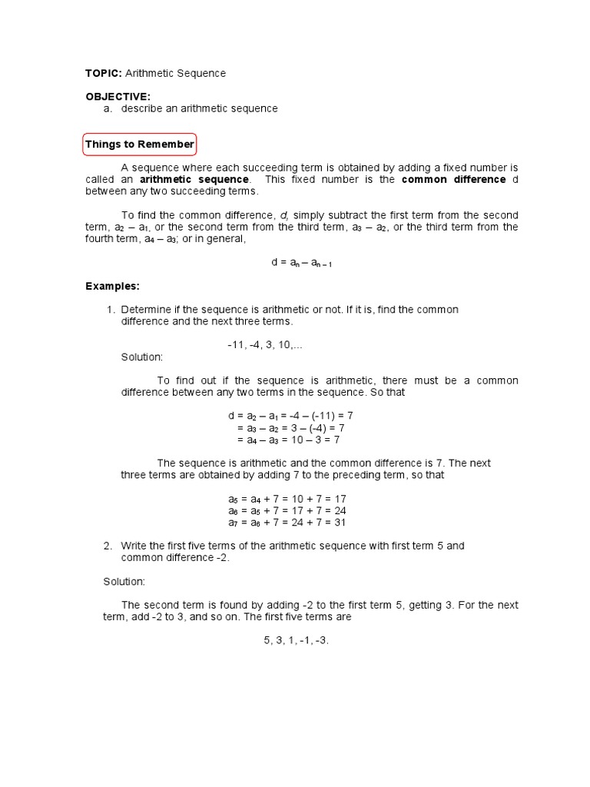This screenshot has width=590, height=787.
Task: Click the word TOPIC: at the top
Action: [x=103, y=73]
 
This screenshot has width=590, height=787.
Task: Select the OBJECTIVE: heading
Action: [x=118, y=96]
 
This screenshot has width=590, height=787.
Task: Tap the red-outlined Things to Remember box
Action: [x=140, y=144]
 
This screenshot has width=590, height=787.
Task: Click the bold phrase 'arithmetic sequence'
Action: [x=194, y=179]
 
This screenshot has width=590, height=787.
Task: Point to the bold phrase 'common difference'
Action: [x=454, y=179]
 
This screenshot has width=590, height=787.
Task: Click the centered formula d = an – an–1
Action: [x=301, y=262]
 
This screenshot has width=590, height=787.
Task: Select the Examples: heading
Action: [x=112, y=286]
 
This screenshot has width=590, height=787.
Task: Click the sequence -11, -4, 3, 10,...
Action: [x=265, y=345]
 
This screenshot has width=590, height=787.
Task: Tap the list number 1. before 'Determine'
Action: [x=111, y=310]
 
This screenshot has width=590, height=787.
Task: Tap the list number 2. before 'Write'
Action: [x=108, y=546]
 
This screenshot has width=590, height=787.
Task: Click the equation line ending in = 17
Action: [x=287, y=499]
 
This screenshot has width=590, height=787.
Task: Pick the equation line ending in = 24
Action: [x=287, y=510]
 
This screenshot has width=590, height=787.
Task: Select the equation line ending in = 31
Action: [x=287, y=522]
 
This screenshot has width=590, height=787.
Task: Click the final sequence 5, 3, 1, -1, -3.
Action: [x=297, y=640]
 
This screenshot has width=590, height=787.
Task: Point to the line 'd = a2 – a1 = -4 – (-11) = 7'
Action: [x=290, y=416]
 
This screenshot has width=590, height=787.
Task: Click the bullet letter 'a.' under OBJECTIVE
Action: [x=108, y=108]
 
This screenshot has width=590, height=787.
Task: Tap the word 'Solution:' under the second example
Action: [x=124, y=582]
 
